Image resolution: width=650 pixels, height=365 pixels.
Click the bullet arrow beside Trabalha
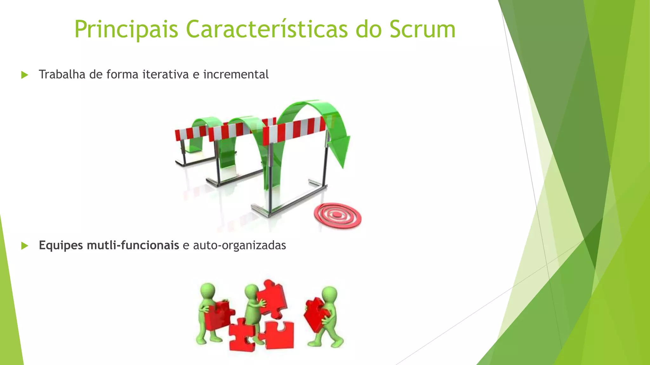(x=24, y=75)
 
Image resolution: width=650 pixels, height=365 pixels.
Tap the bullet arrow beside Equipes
(x=24, y=246)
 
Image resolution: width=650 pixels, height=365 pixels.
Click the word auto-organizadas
(x=239, y=246)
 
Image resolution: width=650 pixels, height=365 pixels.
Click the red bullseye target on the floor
(x=337, y=216)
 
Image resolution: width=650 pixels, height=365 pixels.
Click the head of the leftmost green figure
(x=208, y=291)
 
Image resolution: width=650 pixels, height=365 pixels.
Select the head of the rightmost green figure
(x=329, y=295)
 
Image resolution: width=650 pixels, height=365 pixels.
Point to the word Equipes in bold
(x=60, y=246)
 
